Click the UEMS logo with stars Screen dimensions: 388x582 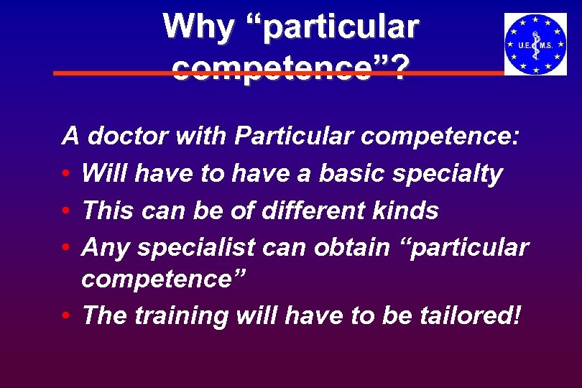(535, 45)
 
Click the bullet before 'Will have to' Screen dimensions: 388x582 (65, 175)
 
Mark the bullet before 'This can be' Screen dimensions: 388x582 (65, 211)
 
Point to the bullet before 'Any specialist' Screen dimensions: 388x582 (65, 248)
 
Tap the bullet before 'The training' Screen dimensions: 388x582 (65, 315)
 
